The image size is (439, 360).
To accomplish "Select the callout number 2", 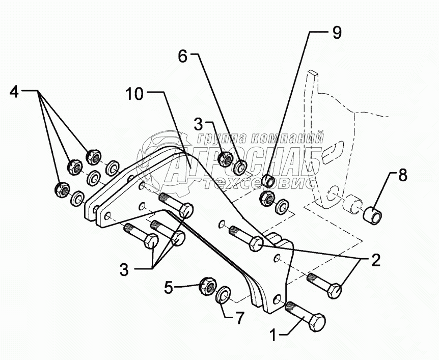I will click(x=375, y=261).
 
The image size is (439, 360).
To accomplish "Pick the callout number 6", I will click(x=182, y=57).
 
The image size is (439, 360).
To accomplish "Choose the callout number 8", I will click(x=402, y=176).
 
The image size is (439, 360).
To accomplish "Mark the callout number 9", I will click(x=337, y=33).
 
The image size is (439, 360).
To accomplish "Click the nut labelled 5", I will click(x=207, y=286).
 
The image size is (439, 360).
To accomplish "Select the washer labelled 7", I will click(x=224, y=294).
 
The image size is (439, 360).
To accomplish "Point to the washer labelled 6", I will click(x=240, y=166).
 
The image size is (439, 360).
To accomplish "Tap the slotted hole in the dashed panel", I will click(x=334, y=151).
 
